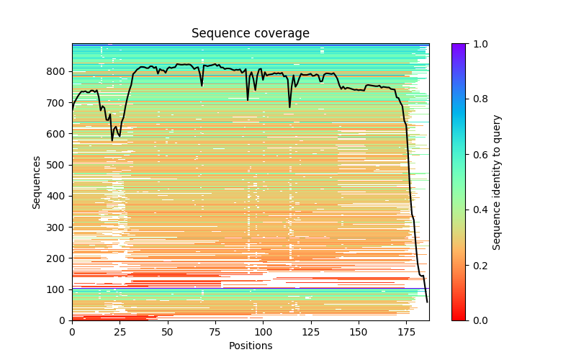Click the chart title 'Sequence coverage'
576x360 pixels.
[250, 33]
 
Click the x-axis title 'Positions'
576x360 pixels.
[250, 346]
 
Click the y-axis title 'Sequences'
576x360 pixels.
[36, 181]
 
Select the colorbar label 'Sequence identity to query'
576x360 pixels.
[497, 181]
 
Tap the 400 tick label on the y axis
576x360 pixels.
[57, 196]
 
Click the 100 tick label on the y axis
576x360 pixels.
[57, 289]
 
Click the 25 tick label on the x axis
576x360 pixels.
[120, 331]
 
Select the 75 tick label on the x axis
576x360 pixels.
[215, 331]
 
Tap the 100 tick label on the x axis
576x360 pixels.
[263, 331]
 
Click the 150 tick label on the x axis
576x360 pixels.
[359, 331]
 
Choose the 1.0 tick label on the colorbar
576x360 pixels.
[477, 44]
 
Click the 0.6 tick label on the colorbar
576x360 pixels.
[477, 155]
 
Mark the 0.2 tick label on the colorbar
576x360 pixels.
[477, 265]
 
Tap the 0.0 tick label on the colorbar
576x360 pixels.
[477, 320]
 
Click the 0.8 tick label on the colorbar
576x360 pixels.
[477, 99]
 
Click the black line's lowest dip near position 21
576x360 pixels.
[112, 140]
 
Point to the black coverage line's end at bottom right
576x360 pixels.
[427, 302]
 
